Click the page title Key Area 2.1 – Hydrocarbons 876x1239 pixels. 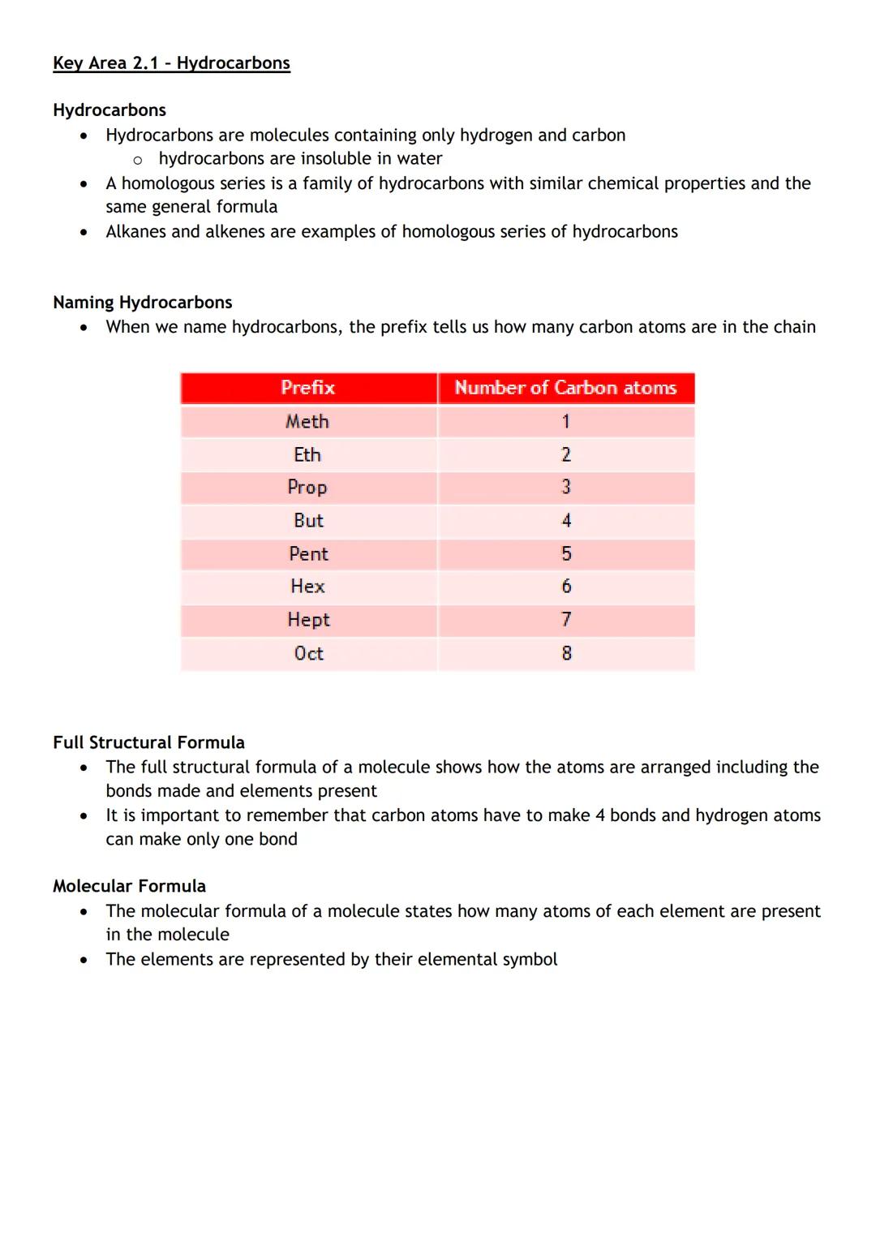tap(171, 63)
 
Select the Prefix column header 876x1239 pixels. tap(308, 388)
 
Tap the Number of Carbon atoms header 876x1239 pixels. tap(565, 388)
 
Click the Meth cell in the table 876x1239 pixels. tap(307, 422)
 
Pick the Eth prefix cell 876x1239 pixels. tap(307, 455)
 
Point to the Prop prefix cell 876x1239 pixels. tap(307, 488)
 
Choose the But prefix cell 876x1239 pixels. tap(308, 521)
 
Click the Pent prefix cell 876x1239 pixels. tap(308, 554)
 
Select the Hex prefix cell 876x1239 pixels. tap(307, 587)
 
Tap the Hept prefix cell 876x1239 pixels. tap(308, 620)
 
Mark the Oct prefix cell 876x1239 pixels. tap(308, 653)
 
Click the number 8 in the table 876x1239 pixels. tap(566, 653)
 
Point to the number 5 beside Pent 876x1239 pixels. tap(566, 554)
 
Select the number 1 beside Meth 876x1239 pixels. tap(566, 422)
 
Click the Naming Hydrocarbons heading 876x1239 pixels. tap(143, 303)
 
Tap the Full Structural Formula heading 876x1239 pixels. tap(148, 742)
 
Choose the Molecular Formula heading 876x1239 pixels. tap(129, 886)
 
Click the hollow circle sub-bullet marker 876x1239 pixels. tap(138, 160)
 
